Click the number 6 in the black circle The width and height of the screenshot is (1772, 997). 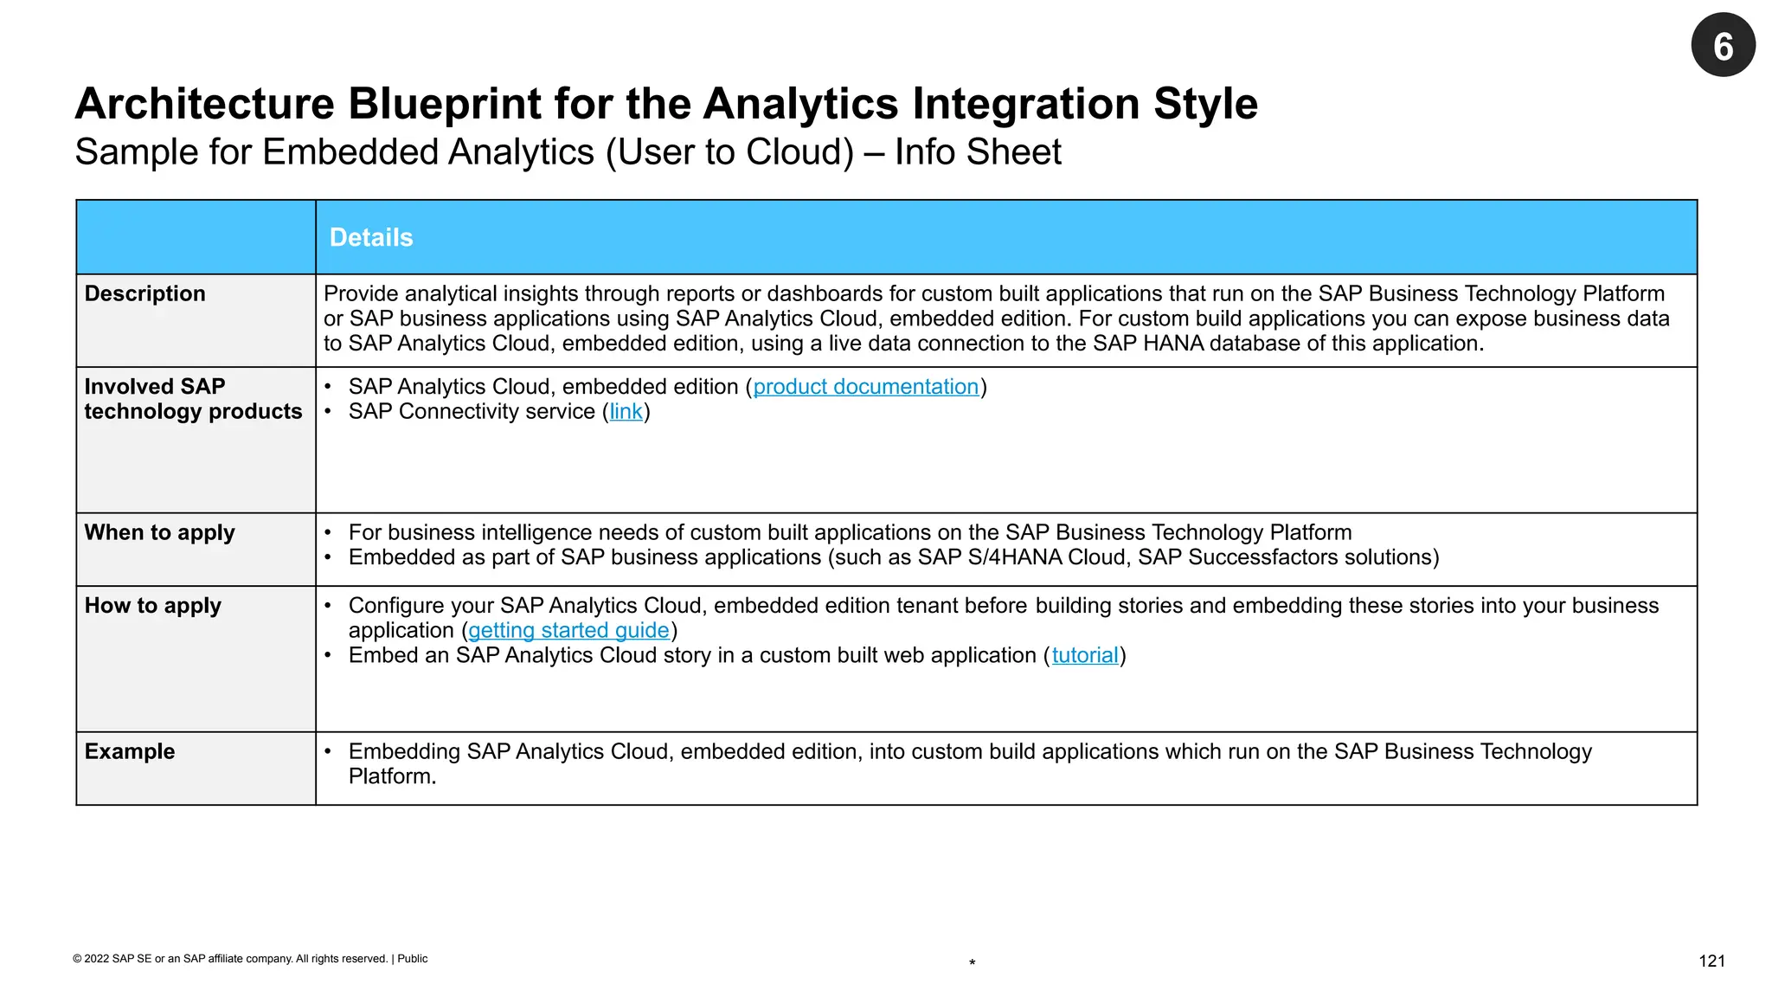pos(1723,46)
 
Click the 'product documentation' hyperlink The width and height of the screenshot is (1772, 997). pos(865,387)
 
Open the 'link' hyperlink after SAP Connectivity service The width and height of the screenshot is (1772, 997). pos(626,412)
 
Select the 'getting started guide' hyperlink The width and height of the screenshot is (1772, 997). pos(568,631)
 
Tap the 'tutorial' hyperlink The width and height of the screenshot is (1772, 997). pos(1085,656)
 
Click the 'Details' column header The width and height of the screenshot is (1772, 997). pos(371,238)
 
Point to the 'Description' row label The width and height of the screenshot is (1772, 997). pos(145,294)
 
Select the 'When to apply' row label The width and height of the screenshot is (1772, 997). pos(160,533)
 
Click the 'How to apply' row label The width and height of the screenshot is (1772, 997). pos(153,606)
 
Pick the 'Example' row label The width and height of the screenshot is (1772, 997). pos(130,752)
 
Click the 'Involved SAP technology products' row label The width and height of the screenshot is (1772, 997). pos(193,399)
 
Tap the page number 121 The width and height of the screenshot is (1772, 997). pos(1711,961)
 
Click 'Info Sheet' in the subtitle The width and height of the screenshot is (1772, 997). pos(978,152)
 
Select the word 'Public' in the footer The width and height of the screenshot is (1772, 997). pos(413,959)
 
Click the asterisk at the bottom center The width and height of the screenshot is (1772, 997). pos(973,963)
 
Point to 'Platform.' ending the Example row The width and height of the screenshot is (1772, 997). pos(392,777)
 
